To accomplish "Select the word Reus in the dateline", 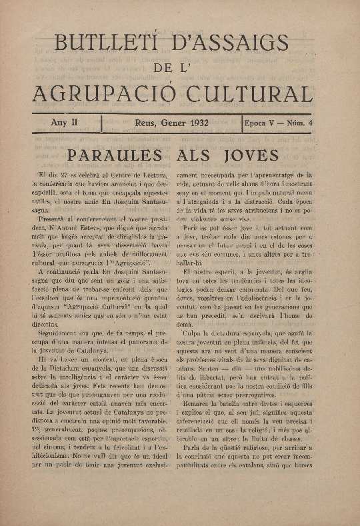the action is click(145, 123).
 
